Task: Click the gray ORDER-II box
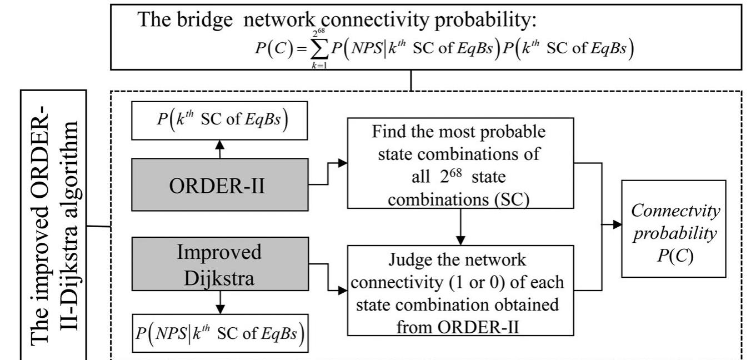point(220,184)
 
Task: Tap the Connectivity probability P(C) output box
point(673,228)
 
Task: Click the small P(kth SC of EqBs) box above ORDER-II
point(219,120)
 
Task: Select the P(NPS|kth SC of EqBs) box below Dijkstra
point(219,334)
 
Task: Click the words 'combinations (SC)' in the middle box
point(458,199)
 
